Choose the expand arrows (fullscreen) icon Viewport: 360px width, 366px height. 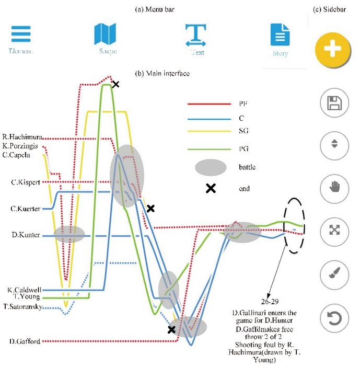pyautogui.click(x=334, y=231)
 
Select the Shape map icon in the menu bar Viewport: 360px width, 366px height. pyautogui.click(x=108, y=35)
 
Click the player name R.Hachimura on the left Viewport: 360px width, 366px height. pyautogui.click(x=22, y=138)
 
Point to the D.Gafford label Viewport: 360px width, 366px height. pyautogui.click(x=25, y=341)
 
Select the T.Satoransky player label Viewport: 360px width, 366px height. pyautogui.click(x=23, y=306)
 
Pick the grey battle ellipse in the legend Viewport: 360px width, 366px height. pyautogui.click(x=211, y=168)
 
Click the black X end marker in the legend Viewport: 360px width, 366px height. pyautogui.click(x=211, y=189)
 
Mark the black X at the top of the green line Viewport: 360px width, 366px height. pyautogui.click(x=115, y=84)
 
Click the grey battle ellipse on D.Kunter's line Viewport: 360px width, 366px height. pyautogui.click(x=69, y=234)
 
